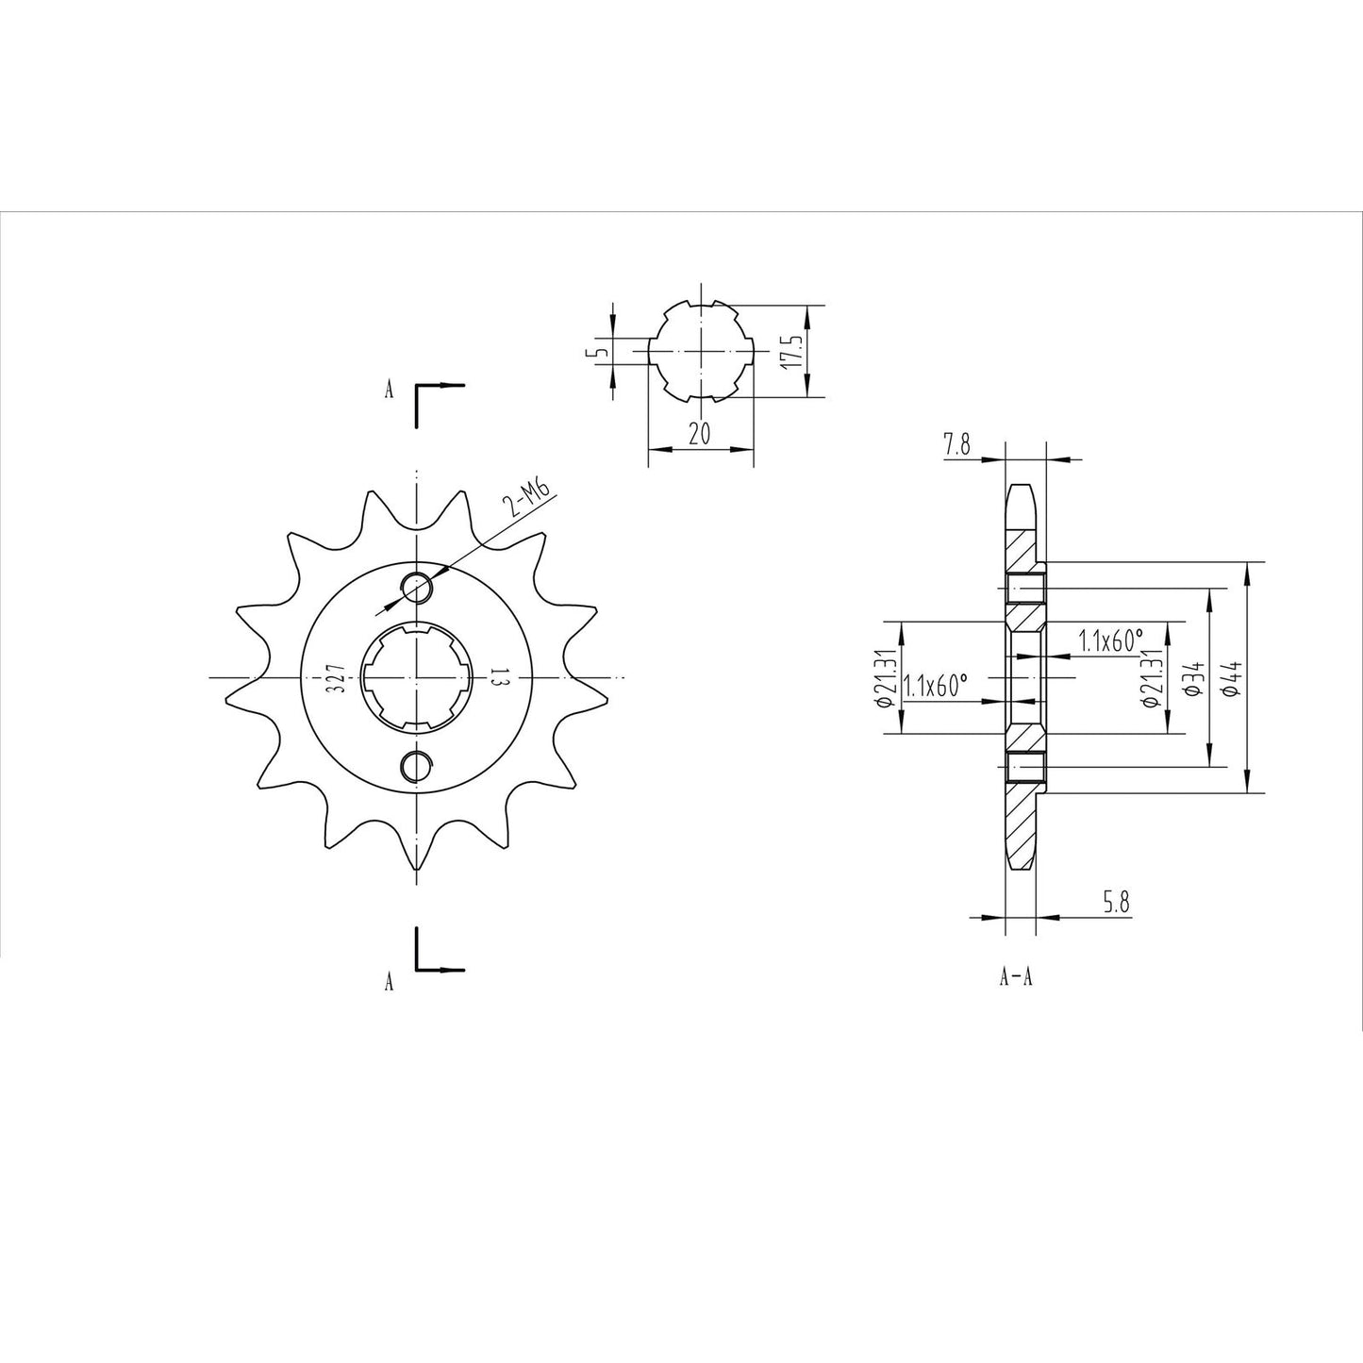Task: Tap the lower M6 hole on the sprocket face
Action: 416,766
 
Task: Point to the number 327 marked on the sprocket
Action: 335,677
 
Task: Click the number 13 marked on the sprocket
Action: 498,677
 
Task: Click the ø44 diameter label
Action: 1227,677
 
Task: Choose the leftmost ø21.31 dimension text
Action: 885,677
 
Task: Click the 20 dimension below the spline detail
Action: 700,434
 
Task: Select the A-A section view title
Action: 1016,977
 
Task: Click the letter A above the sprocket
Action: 389,391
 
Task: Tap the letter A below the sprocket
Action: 389,983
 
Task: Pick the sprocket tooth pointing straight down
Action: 416,858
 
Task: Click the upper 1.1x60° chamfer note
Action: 1111,642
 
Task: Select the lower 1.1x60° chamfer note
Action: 936,686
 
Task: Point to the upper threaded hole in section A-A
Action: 1025,590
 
